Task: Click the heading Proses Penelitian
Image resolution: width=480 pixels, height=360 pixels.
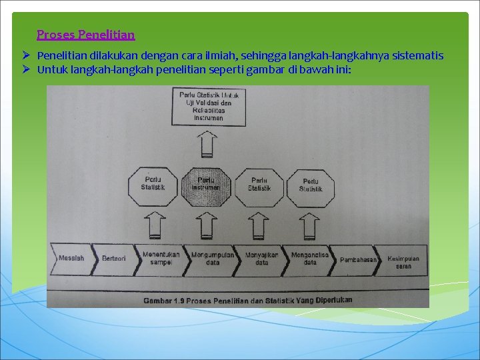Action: click(x=86, y=34)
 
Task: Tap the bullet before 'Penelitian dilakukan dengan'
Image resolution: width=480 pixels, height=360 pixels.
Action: click(x=25, y=55)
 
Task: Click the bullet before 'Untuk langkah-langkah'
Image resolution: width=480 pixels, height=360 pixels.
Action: click(x=25, y=69)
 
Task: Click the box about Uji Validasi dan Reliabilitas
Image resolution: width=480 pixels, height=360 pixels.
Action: click(x=208, y=107)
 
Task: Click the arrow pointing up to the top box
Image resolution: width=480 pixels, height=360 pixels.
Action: click(x=208, y=144)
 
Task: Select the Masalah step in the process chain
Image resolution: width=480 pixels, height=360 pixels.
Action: click(x=71, y=258)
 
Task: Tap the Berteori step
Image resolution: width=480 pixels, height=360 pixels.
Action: click(x=114, y=258)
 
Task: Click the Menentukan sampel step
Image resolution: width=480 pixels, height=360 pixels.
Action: click(x=161, y=258)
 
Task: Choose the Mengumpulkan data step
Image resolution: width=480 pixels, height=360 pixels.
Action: click(x=212, y=258)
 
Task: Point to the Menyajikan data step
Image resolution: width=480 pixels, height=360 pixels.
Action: click(x=261, y=258)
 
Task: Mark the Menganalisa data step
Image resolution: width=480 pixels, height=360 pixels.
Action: click(x=310, y=258)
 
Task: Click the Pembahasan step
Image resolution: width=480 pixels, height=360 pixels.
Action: click(x=358, y=259)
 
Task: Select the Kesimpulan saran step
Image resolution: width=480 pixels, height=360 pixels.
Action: click(x=403, y=261)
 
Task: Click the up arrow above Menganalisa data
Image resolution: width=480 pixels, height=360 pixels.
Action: click(x=309, y=225)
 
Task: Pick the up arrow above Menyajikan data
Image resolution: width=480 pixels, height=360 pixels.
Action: click(x=257, y=225)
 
